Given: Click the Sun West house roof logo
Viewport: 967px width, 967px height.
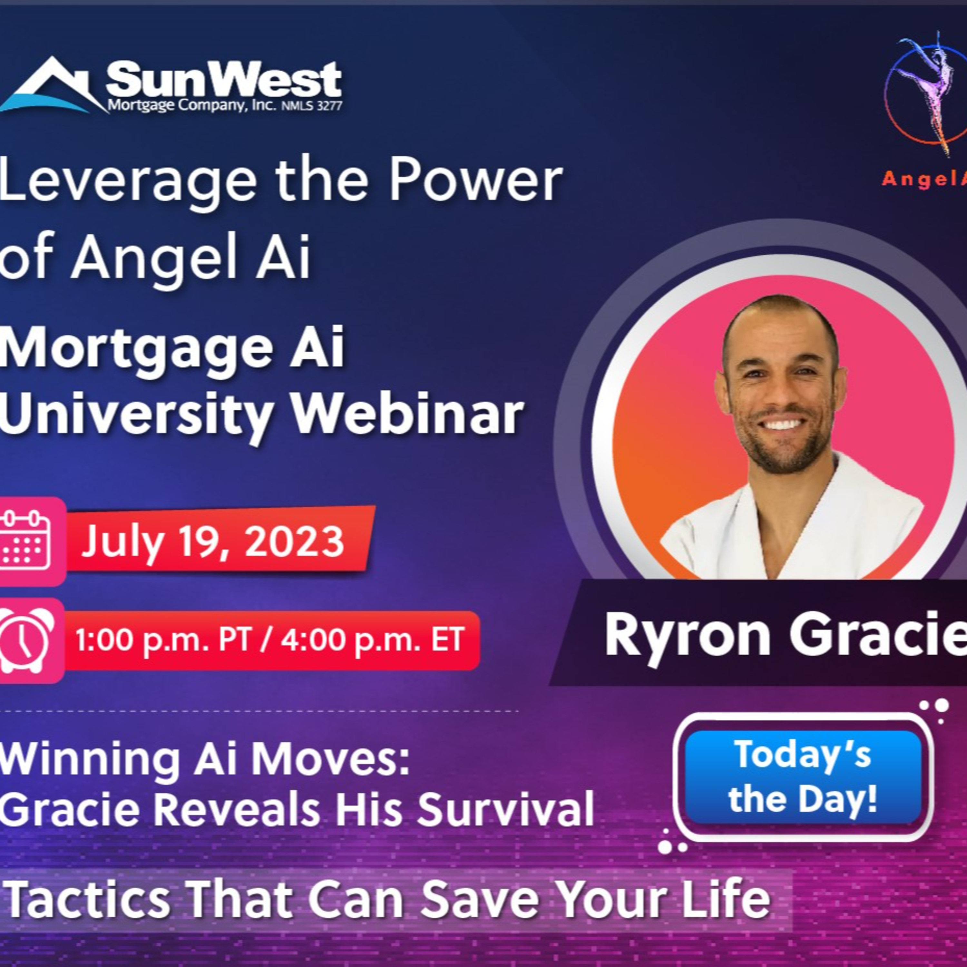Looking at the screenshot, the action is (50, 86).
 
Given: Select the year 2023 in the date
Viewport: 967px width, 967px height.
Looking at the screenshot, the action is (295, 542).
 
